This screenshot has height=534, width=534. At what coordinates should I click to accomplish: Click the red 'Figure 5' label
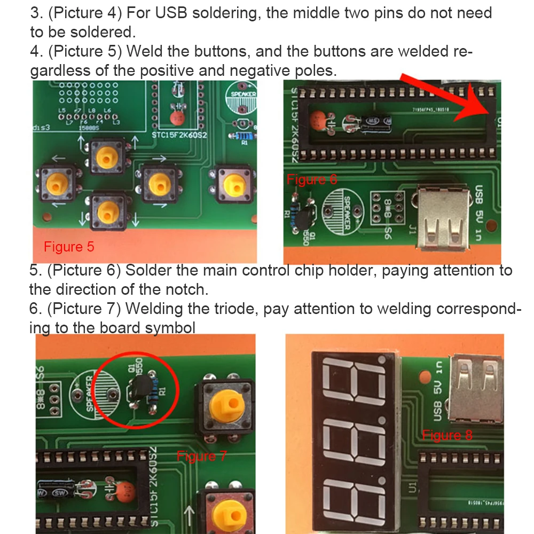(68, 247)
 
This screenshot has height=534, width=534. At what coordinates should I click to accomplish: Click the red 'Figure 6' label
(312, 179)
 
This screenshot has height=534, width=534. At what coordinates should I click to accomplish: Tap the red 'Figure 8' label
(447, 435)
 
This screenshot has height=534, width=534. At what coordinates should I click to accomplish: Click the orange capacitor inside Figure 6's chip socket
(319, 120)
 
